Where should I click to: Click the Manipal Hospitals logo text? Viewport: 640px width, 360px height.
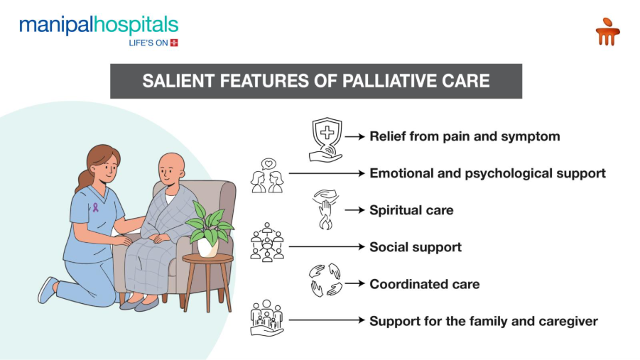[99, 26]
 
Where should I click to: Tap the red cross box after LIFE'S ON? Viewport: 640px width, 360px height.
[174, 43]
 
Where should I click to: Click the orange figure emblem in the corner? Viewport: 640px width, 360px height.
[607, 31]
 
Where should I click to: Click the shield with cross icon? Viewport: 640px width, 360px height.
[326, 140]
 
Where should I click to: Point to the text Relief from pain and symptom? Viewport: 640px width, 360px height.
[465, 136]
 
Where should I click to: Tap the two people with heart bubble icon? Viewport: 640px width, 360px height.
[268, 176]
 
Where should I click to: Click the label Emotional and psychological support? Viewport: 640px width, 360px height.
[487, 173]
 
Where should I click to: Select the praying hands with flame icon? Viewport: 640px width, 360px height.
[326, 209]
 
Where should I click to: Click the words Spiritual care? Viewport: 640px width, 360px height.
[411, 210]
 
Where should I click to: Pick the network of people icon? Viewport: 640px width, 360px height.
[267, 242]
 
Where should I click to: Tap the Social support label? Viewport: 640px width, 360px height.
[416, 247]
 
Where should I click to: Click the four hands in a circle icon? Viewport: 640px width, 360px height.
[326, 280]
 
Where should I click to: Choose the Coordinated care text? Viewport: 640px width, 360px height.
[425, 284]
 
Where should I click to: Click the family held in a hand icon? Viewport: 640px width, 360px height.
[267, 318]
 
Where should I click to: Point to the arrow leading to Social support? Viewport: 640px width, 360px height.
[327, 247]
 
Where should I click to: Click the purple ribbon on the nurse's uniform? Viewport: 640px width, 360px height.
[95, 207]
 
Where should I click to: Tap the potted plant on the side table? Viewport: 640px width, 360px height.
[210, 229]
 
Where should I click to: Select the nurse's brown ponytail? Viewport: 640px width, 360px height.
[83, 180]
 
